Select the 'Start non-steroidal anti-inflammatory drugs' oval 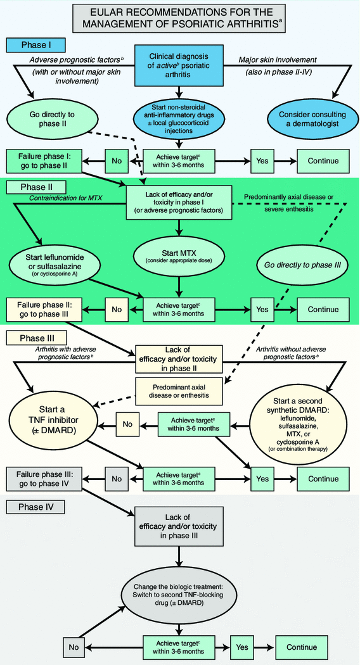pyautogui.click(x=179, y=118)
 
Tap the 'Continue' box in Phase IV pyautogui.click(x=301, y=647)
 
